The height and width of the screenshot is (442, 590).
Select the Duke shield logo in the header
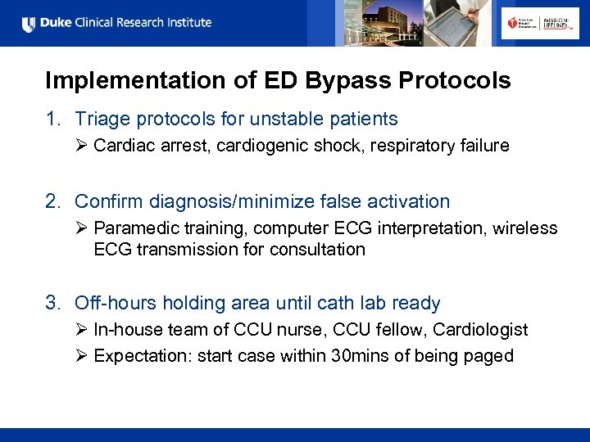(x=29, y=24)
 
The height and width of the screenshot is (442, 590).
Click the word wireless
(x=525, y=228)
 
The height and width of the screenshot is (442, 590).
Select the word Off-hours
(x=116, y=304)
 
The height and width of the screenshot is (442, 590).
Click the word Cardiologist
(x=480, y=330)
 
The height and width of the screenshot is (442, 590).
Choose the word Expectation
(x=141, y=356)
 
